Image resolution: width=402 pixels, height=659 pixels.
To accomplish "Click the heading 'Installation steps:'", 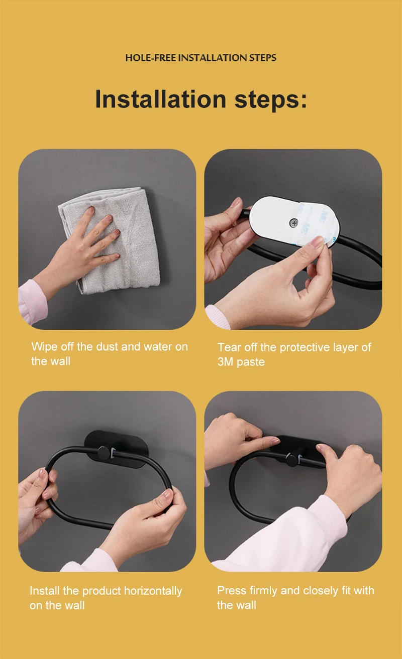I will tap(200, 99).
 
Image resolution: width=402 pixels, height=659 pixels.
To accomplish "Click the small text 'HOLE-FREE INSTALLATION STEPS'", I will tap(200, 58).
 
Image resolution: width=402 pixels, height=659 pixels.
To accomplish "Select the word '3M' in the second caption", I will tap(225, 362).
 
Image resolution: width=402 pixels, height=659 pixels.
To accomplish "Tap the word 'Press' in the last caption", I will tap(231, 591).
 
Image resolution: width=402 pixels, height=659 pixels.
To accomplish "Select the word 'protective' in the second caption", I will tap(303, 347).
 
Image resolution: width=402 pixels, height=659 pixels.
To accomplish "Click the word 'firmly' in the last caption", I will tap(262, 591).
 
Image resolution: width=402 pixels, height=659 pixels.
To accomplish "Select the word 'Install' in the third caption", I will tap(45, 591).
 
